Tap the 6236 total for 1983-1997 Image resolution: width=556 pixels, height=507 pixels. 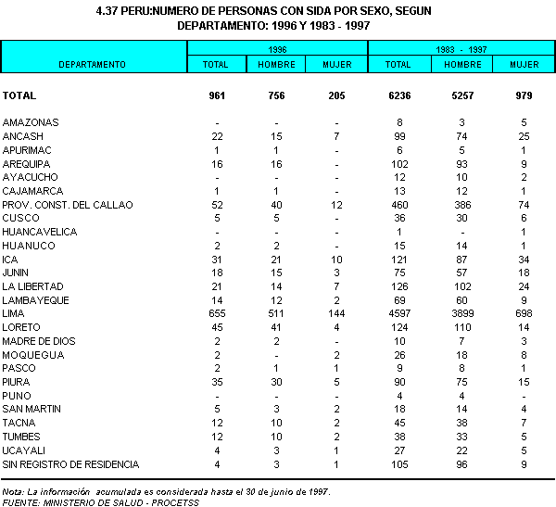(x=398, y=95)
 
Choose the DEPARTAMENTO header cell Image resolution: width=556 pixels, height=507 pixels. (x=93, y=64)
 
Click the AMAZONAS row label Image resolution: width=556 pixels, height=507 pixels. (x=31, y=122)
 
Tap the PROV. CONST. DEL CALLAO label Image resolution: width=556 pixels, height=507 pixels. (x=68, y=205)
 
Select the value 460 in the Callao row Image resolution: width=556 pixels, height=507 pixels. (x=398, y=205)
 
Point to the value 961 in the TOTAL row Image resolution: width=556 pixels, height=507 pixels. (x=216, y=95)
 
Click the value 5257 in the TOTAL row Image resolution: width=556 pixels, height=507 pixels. (x=462, y=95)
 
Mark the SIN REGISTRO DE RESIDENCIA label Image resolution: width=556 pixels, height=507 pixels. (x=70, y=464)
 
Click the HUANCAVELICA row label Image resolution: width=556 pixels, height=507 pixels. (x=39, y=232)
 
